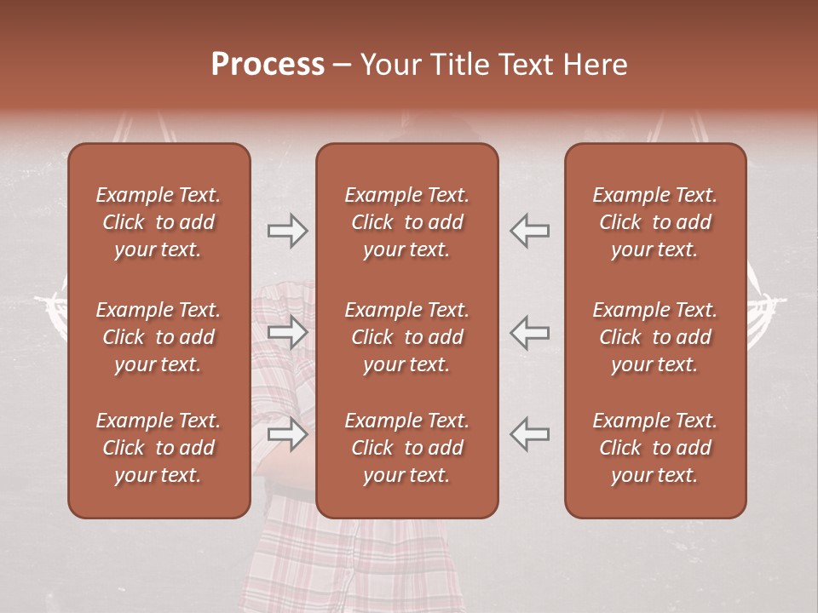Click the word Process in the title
(268, 65)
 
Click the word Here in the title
(596, 65)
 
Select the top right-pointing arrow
(287, 231)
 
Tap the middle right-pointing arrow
(287, 332)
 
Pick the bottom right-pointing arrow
(287, 434)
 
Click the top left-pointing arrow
(530, 231)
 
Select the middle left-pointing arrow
(530, 332)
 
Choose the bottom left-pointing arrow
(530, 434)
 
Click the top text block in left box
(158, 222)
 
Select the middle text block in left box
(158, 337)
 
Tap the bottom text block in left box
(158, 448)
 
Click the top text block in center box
(406, 222)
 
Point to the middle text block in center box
(406, 337)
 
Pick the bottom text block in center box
(406, 448)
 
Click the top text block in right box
(654, 222)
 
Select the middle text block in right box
(654, 337)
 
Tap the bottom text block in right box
(654, 448)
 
